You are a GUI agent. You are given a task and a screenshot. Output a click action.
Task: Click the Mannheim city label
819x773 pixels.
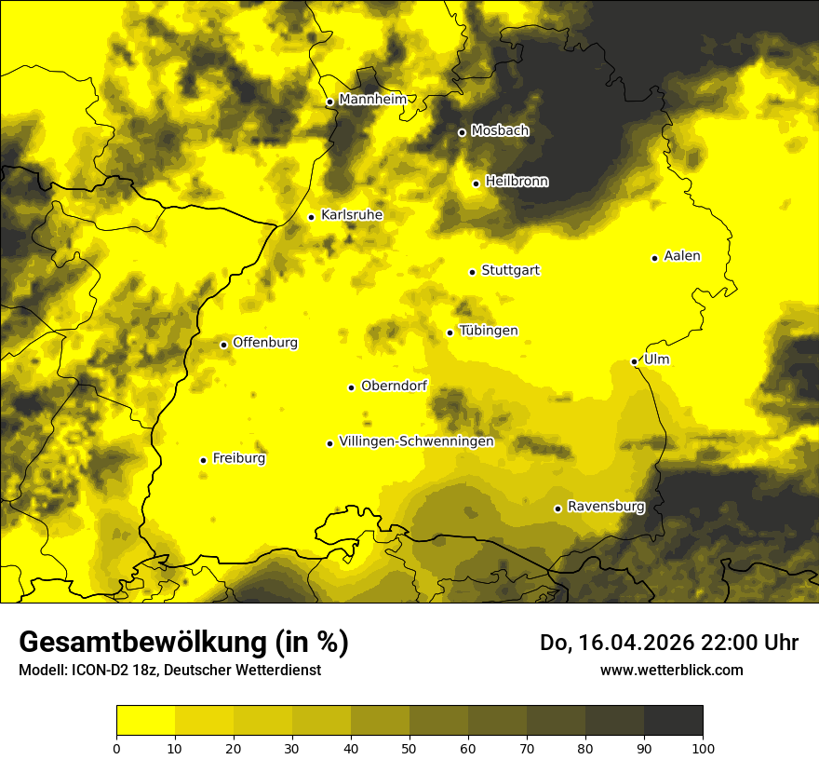tap(373, 100)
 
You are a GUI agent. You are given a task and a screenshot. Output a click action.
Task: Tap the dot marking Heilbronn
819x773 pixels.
tap(476, 183)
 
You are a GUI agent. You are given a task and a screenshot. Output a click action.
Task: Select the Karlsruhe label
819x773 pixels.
tap(352, 215)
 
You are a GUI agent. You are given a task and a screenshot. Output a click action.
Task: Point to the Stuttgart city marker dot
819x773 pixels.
tap(472, 272)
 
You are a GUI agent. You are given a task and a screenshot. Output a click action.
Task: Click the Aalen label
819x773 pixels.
tap(682, 256)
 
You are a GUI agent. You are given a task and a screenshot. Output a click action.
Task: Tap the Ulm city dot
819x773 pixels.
tap(634, 361)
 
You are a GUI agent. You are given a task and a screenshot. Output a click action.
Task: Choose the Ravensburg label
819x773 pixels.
tap(606, 507)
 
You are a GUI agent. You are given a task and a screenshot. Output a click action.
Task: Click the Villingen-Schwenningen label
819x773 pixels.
tap(416, 441)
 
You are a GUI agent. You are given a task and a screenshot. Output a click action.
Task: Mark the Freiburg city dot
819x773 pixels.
tap(203, 460)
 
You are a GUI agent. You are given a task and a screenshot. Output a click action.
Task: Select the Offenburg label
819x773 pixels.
tap(265, 343)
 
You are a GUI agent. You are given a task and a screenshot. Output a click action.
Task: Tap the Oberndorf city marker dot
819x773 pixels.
tap(351, 387)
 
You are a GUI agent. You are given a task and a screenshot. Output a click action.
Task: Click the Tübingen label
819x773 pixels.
tap(489, 331)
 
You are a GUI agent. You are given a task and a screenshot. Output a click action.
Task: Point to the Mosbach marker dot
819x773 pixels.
tap(462, 132)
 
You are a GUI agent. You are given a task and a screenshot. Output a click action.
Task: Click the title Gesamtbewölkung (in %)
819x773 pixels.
tap(183, 643)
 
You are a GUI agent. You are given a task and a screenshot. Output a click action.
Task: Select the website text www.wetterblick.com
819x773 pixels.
tap(671, 670)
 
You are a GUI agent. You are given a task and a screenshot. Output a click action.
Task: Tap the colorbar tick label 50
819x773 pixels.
tap(409, 748)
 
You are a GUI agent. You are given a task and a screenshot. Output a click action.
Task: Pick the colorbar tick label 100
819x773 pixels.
tap(702, 748)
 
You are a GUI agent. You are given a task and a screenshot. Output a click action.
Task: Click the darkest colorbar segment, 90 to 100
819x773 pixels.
tap(673, 721)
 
